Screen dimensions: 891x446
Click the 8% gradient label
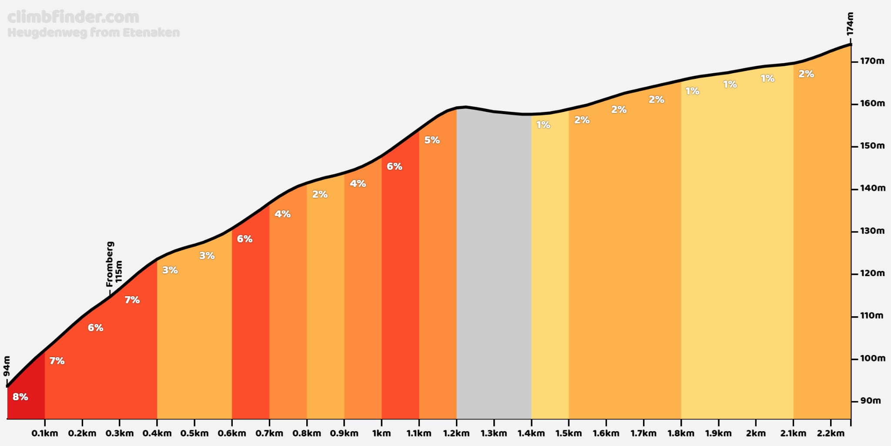point(20,397)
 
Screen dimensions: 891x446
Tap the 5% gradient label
point(432,140)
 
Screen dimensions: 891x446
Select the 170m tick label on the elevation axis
point(872,61)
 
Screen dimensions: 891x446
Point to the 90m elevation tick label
point(871,401)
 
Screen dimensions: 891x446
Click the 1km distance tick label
point(382,433)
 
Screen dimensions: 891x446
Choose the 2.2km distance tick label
point(831,433)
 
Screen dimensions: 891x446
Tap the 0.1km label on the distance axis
point(45,433)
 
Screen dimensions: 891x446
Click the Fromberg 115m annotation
point(114,264)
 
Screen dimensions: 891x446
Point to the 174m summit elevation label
point(850,24)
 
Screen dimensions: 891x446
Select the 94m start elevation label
point(7,366)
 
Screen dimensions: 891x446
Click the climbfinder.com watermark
point(74,17)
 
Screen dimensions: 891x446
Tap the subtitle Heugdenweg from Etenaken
point(94,33)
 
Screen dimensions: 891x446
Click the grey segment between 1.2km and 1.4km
point(494,266)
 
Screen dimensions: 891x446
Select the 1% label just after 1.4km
point(543,125)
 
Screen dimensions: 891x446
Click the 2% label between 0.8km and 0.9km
point(320,194)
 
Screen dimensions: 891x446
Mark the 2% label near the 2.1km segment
point(806,74)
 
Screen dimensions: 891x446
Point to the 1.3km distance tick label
point(494,433)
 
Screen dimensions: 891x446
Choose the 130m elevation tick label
point(872,231)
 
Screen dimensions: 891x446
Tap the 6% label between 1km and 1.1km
point(395,166)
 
